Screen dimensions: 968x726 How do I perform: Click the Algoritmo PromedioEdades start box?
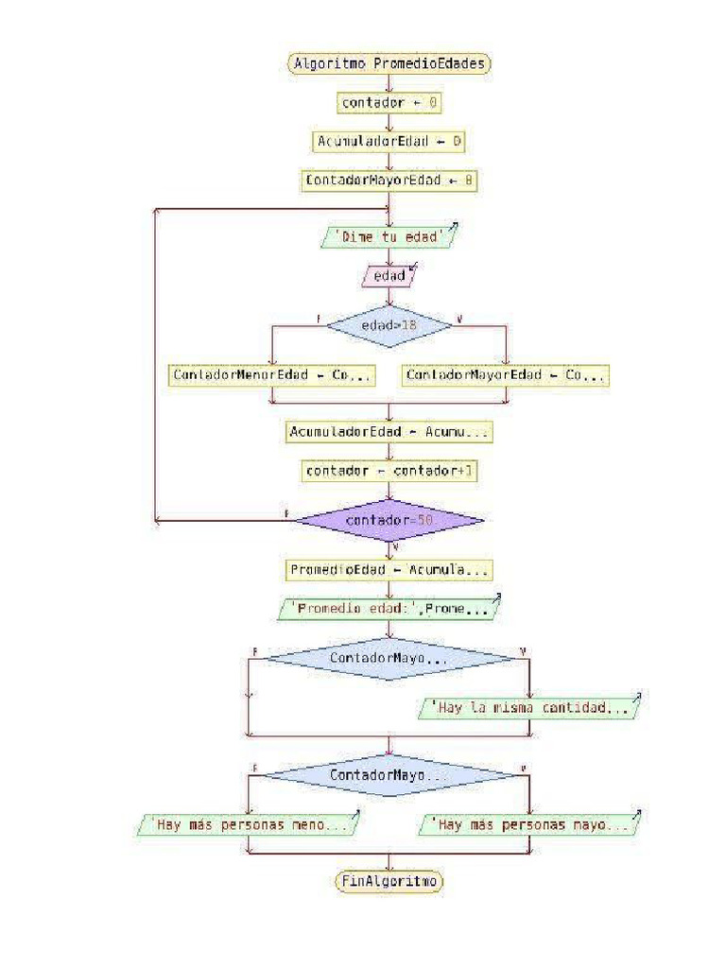coord(389,63)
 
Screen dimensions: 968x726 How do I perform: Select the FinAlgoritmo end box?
coord(389,881)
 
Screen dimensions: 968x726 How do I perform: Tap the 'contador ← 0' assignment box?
coord(389,101)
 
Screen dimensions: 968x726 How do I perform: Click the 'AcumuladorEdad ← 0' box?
coord(389,141)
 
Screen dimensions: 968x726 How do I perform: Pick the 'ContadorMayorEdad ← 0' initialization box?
coord(389,180)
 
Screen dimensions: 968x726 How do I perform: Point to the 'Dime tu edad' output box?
coord(389,236)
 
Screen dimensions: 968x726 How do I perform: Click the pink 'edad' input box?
coord(389,276)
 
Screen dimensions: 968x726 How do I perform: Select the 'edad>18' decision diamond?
coord(389,324)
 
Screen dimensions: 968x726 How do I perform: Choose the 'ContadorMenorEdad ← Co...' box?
coord(271,375)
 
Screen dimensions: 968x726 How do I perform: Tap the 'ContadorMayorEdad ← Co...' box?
coord(506,375)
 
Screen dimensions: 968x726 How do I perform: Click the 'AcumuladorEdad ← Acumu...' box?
coord(389,432)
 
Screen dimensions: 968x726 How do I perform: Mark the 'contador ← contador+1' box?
coord(389,470)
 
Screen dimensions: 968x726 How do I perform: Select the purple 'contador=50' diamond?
coord(389,520)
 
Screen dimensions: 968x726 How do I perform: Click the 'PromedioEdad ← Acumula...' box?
coord(389,571)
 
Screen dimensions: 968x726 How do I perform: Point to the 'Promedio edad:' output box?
coord(389,610)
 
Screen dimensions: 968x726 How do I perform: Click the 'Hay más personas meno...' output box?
coord(249,825)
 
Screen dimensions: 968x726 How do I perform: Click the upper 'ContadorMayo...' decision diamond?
coord(389,657)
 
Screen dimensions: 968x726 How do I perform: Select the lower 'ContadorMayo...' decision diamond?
coord(389,775)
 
